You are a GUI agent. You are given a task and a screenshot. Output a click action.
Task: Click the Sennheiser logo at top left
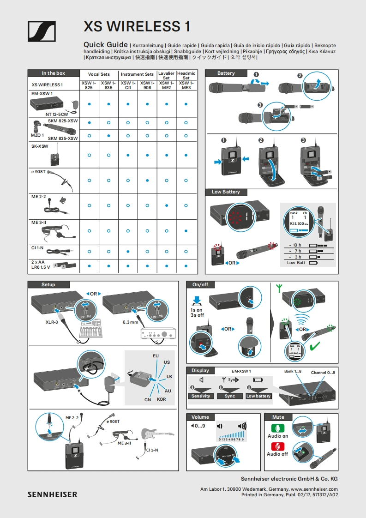42,31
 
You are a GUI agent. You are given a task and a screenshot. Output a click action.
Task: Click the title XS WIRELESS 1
137,26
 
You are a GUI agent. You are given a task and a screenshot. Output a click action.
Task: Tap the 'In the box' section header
54,73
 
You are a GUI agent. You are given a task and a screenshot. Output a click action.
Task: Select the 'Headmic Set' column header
186,76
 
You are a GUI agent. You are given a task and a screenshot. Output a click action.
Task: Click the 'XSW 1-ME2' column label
166,85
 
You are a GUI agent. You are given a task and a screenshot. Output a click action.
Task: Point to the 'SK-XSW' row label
40,146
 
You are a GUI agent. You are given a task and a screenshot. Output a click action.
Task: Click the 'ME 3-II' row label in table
39,223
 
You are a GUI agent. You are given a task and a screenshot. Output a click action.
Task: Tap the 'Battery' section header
226,73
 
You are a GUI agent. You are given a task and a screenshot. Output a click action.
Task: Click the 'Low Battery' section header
226,192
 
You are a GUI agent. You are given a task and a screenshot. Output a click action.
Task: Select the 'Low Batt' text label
296,263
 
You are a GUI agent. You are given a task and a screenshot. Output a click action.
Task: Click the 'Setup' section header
48,285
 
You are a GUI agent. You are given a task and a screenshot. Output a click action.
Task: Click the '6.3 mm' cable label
131,322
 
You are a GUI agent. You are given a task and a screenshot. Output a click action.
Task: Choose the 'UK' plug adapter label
169,377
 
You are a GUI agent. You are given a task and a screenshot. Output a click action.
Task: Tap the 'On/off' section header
200,285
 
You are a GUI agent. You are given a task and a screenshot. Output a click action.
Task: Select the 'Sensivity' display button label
201,396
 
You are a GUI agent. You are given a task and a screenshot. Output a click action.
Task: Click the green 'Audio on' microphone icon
278,428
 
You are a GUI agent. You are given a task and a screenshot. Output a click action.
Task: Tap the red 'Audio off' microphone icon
278,446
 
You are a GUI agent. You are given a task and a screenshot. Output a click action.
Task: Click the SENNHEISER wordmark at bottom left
52,494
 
